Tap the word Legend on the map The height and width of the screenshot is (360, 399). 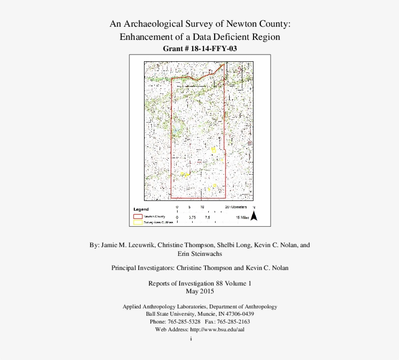click(141, 209)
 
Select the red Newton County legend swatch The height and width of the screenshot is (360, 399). click(138, 216)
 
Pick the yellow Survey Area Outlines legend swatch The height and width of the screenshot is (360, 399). click(138, 222)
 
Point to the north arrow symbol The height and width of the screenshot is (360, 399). click(254, 216)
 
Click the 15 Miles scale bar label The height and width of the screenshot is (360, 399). click(242, 217)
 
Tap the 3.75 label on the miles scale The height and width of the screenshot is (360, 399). click(192, 217)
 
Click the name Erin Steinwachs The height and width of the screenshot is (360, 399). click(199, 254)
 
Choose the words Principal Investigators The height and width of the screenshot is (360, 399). click(143, 268)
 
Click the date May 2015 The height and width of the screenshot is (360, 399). click(199, 291)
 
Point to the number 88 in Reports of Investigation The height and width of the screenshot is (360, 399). click(218, 283)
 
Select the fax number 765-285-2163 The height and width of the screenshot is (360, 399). click(233, 322)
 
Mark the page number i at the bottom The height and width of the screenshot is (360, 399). click(192, 339)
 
